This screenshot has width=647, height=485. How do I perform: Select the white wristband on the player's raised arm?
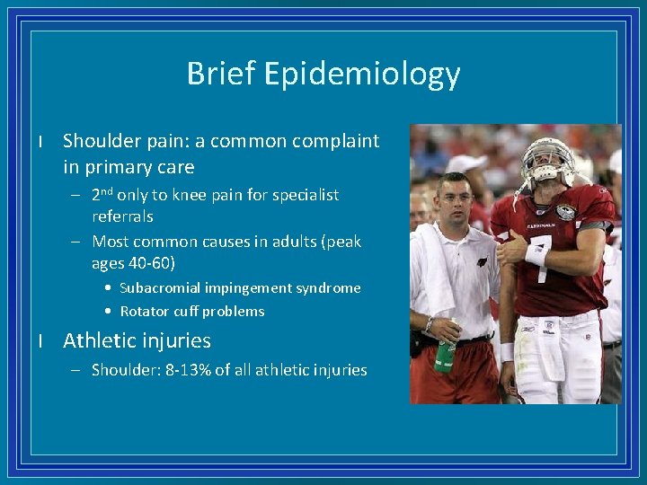[x=536, y=254]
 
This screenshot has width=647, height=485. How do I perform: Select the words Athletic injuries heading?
[x=137, y=340]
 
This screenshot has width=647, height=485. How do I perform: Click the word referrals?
[x=122, y=216]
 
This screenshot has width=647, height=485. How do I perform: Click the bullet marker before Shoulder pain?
[x=41, y=142]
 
